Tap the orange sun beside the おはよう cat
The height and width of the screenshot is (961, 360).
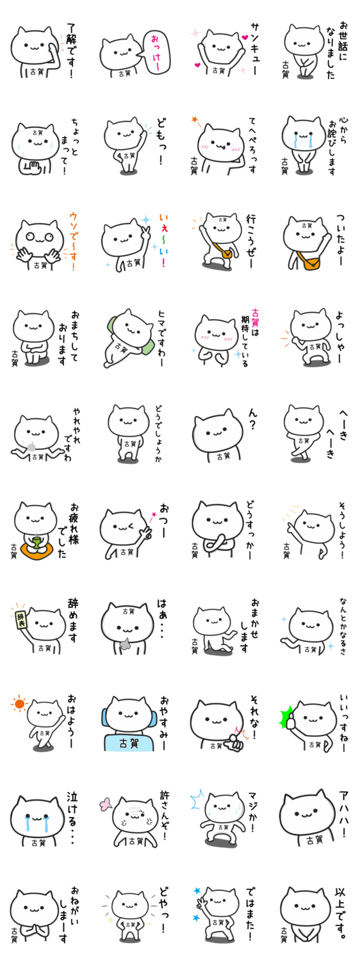pos(19,703)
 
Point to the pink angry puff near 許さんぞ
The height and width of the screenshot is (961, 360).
pos(106,803)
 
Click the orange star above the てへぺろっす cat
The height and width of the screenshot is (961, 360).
pos(195,119)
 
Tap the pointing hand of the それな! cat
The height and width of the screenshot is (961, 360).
pos(234,742)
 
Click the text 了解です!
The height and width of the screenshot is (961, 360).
pos(71,50)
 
